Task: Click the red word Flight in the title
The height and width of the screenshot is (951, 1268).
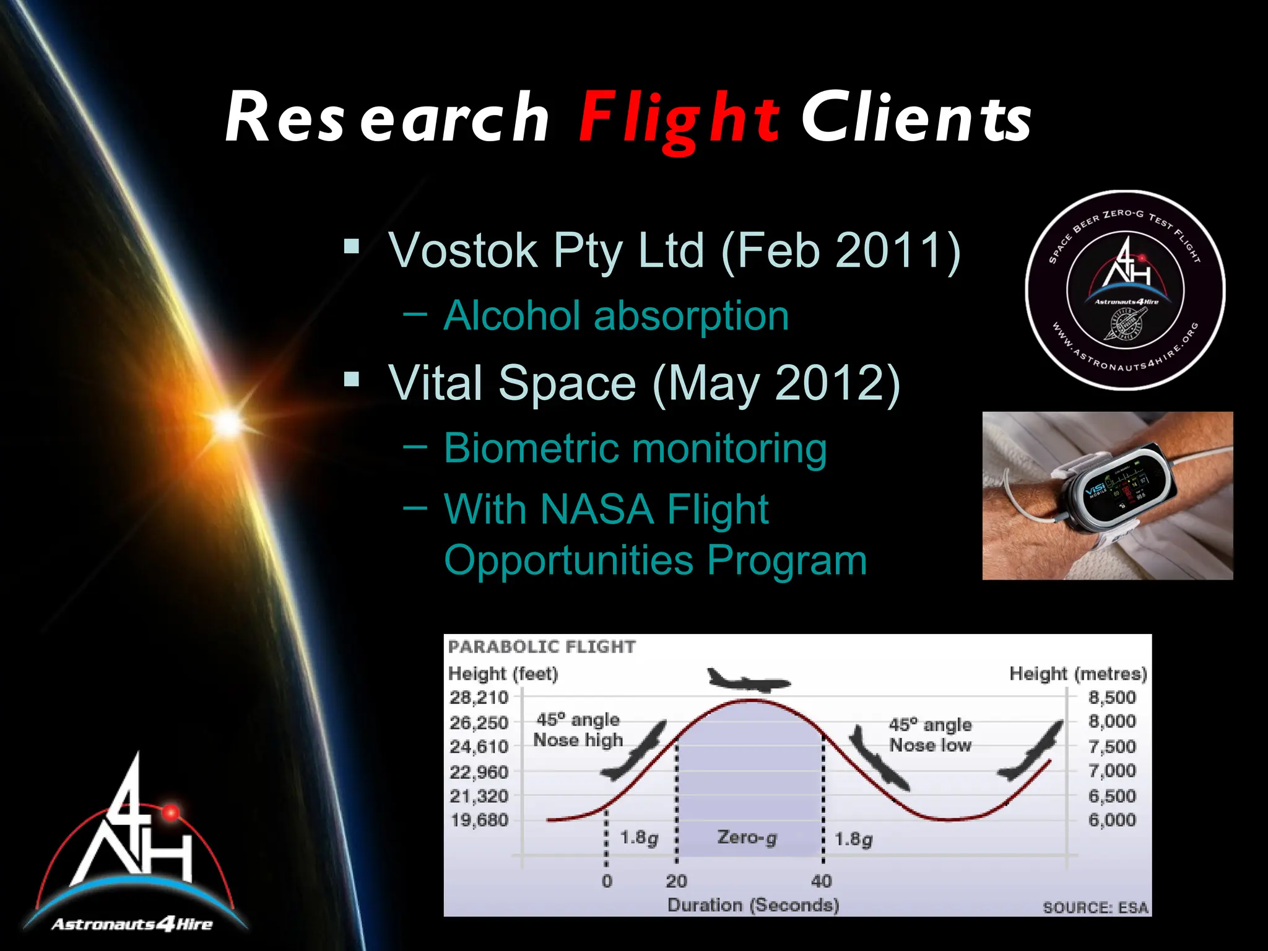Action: point(679,118)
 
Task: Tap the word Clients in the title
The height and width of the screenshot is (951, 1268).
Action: point(916,118)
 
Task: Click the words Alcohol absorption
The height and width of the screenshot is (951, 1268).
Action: point(616,316)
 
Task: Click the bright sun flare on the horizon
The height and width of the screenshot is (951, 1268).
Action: point(228,423)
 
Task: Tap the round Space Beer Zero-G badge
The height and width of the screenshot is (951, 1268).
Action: point(1125,290)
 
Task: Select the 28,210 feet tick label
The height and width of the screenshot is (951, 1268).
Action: point(479,698)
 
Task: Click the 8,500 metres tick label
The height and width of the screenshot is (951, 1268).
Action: point(1112,698)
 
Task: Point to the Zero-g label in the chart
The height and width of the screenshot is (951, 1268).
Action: point(747,838)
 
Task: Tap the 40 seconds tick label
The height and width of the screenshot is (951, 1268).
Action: point(822,881)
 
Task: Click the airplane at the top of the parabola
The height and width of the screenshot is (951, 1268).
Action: point(749,680)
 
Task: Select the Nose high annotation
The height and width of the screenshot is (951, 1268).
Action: point(578,740)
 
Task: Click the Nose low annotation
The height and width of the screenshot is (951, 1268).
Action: point(930,745)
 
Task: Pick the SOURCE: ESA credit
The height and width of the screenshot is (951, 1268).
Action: point(1095,908)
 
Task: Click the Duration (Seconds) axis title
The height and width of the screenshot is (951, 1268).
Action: point(753,905)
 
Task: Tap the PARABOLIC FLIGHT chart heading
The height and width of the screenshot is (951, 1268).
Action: point(542,647)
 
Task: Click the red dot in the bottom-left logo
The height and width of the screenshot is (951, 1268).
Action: point(170,812)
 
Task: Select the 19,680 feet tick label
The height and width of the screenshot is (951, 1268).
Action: point(479,820)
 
